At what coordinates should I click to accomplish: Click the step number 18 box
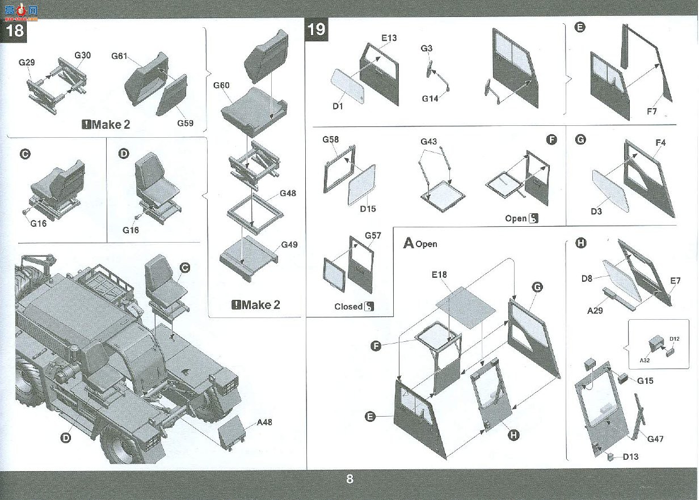click(14, 31)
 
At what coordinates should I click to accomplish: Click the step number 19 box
click(317, 29)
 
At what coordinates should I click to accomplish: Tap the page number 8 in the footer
click(349, 478)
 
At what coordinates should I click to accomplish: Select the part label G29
click(27, 62)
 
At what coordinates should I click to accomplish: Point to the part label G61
click(119, 56)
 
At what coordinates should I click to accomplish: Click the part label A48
click(264, 422)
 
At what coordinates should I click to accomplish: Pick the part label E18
click(439, 274)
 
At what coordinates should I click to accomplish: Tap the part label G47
click(655, 439)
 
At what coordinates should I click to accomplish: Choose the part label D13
click(630, 457)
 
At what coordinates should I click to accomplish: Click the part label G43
click(428, 142)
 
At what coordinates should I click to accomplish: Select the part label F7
click(651, 111)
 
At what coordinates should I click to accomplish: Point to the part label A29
click(595, 311)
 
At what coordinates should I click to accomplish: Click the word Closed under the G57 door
click(348, 307)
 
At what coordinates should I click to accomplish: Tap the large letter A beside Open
click(409, 243)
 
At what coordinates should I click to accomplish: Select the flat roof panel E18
click(466, 307)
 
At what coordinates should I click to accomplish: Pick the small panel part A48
click(231, 433)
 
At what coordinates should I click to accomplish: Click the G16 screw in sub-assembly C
click(26, 211)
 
